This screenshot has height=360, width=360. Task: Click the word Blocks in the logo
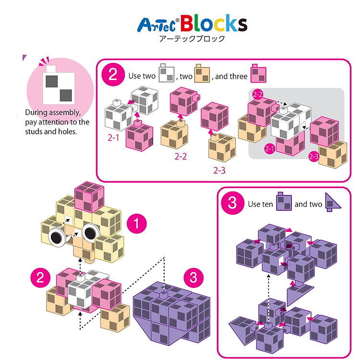point(214,23)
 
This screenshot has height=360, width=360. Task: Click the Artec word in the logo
point(156,25)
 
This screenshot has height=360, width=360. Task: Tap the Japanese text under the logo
point(192,38)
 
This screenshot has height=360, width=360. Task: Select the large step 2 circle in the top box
point(113,74)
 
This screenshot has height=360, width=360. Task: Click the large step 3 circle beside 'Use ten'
point(232,203)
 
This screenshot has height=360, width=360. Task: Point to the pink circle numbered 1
point(137,223)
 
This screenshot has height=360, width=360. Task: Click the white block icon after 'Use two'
point(167,73)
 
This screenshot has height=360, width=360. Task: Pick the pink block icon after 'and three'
point(259,73)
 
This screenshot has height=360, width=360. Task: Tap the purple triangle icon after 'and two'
point(333,202)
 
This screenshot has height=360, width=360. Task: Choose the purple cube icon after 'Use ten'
point(284,201)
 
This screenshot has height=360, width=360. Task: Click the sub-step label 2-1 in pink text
point(113,138)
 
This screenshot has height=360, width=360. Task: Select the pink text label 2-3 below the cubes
point(219,170)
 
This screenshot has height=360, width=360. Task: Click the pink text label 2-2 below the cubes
point(180,156)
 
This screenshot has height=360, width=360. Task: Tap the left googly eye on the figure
point(57,238)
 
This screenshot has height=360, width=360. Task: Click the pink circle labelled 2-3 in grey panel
point(314,156)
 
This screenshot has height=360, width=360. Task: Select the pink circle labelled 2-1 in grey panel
point(270,149)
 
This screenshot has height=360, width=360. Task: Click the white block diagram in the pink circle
point(59,85)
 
